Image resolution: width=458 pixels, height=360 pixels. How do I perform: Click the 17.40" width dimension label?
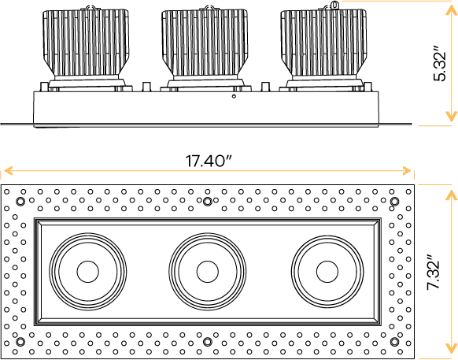[x=209, y=161]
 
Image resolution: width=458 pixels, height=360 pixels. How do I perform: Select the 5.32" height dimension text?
[x=440, y=63]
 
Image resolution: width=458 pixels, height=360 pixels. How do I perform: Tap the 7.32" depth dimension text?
[x=434, y=273]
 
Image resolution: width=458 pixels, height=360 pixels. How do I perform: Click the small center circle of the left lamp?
[x=88, y=272]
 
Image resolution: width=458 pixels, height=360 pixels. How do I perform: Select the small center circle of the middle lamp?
[x=208, y=272]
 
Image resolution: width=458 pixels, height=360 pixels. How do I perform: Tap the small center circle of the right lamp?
[x=327, y=272]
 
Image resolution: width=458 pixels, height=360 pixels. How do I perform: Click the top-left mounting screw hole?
[x=20, y=202]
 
